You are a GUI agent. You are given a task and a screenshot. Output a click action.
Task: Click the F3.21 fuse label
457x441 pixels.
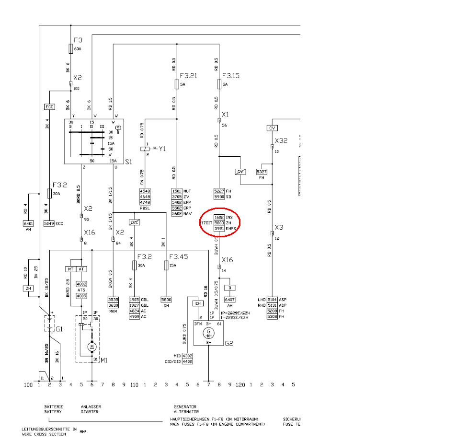pos(188,75)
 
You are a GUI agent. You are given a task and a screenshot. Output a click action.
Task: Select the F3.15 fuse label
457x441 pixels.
pos(231,75)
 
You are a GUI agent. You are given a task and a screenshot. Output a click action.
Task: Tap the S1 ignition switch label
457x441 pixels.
pos(128,162)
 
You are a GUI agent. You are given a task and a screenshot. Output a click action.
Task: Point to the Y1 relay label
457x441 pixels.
pos(162,149)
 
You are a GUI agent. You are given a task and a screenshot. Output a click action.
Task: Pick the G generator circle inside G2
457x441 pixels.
pos(208,332)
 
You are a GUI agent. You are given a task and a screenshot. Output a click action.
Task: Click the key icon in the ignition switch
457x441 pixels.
pos(118,129)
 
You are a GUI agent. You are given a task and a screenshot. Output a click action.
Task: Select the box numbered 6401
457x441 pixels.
pos(29,223)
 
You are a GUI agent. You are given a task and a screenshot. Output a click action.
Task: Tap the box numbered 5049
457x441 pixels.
pos(49,223)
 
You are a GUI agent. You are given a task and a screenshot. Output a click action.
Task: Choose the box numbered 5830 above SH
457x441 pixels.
pos(166,299)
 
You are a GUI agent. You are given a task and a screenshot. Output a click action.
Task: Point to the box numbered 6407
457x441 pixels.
pos(230,300)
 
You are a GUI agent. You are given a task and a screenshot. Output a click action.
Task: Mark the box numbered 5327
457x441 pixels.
pos(262,171)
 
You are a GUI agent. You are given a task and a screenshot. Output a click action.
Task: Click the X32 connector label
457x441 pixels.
pos(281,140)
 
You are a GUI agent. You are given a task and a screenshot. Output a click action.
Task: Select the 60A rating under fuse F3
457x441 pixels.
pos(78,49)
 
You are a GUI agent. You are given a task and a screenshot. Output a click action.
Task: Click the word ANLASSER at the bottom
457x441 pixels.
pos(91,407)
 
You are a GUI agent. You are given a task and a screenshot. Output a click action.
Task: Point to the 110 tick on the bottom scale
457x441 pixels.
pos(134,384)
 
